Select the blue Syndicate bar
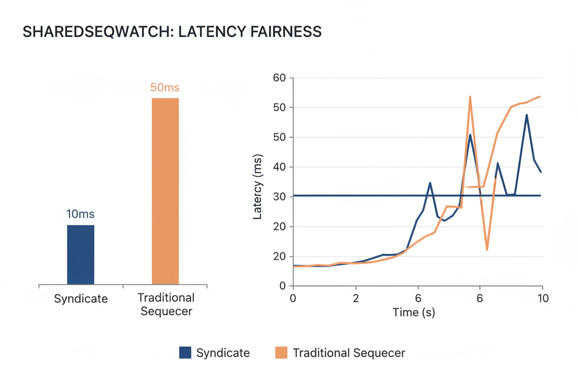(x=81, y=255)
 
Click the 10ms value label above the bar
(x=81, y=214)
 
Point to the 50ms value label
(x=165, y=87)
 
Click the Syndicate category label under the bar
(x=81, y=298)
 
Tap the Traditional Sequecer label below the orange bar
(x=166, y=304)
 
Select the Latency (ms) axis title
(x=258, y=187)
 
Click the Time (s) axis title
(x=414, y=312)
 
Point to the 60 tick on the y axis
(x=280, y=78)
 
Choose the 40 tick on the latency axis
(x=280, y=167)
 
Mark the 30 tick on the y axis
(x=280, y=197)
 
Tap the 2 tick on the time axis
(x=355, y=298)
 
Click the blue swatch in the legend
(x=185, y=353)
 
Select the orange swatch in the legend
(x=281, y=353)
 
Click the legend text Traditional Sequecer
(x=349, y=353)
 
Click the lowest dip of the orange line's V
(x=487, y=250)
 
